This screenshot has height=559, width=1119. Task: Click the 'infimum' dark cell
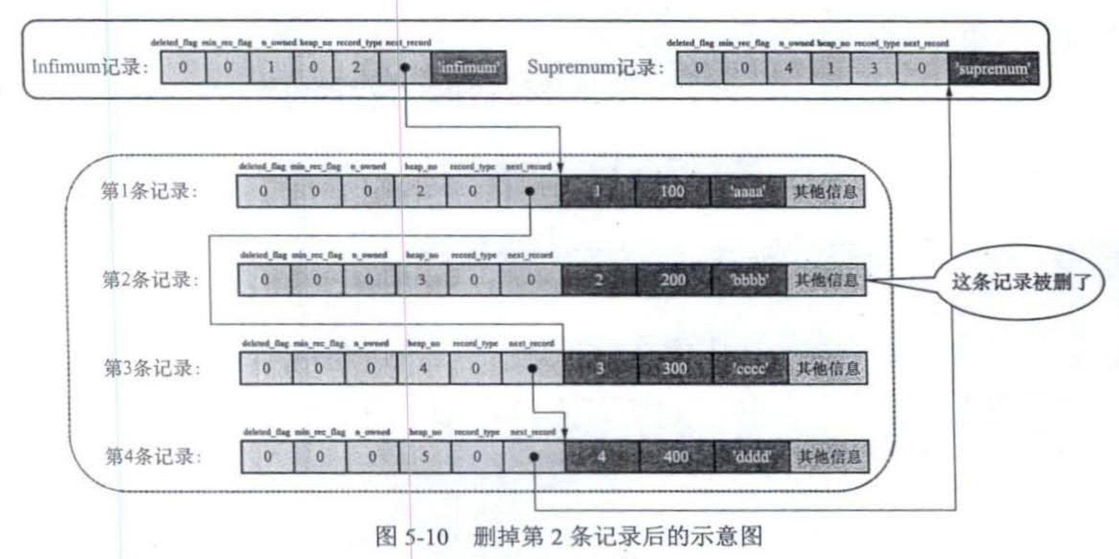pyautogui.click(x=468, y=67)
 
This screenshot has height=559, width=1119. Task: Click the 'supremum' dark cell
pyautogui.click(x=993, y=68)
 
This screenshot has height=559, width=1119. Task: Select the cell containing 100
pyautogui.click(x=672, y=191)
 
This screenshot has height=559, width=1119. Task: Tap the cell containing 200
pyautogui.click(x=673, y=279)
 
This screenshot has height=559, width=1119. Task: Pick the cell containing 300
pyautogui.click(x=675, y=368)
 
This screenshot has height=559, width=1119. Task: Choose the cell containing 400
pyautogui.click(x=676, y=456)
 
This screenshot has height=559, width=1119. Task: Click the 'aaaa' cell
pyautogui.click(x=748, y=191)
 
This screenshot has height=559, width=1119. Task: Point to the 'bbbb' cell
pyautogui.click(x=750, y=279)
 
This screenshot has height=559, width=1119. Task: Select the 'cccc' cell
pyautogui.click(x=751, y=368)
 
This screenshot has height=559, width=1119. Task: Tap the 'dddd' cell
pyautogui.click(x=752, y=456)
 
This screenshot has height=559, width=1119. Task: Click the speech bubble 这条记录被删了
pyautogui.click(x=1020, y=282)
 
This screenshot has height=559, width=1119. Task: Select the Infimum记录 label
pyautogui.click(x=90, y=67)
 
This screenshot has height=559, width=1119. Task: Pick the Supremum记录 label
pyautogui.click(x=595, y=67)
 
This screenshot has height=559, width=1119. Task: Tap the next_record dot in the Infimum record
pyautogui.click(x=405, y=67)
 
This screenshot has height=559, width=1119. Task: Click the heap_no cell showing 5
pyautogui.click(x=425, y=456)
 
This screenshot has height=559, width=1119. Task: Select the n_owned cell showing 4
pyautogui.click(x=788, y=68)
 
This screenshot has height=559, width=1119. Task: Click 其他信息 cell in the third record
pyautogui.click(x=828, y=368)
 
